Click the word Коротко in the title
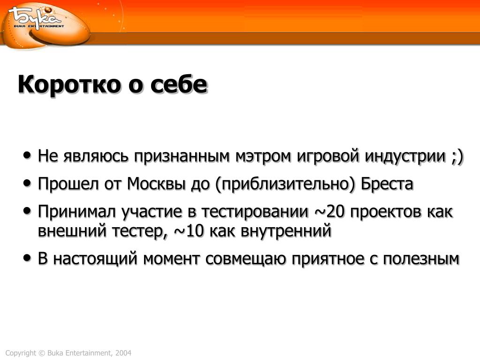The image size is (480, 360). (69, 84)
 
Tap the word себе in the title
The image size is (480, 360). (179, 84)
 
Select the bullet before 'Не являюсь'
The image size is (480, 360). (27, 155)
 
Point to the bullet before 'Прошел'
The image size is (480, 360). (27, 183)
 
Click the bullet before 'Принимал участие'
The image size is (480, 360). (27, 211)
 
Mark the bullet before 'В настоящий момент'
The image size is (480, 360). (27, 258)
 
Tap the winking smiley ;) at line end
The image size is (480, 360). (457, 156)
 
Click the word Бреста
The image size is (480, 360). (387, 184)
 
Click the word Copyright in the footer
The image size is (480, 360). (21, 353)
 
